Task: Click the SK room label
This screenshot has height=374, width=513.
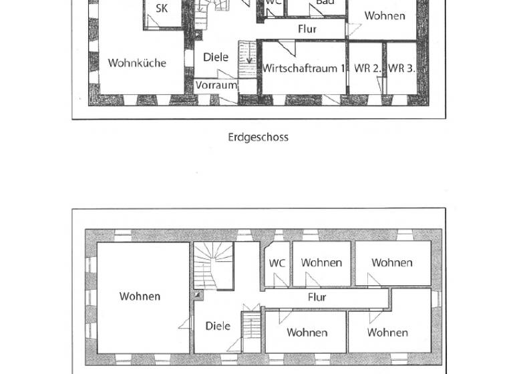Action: pos(162,9)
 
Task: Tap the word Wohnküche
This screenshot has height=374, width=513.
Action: pos(137,63)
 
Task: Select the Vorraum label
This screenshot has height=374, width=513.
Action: pos(216,85)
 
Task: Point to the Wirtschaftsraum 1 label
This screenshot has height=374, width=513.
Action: pos(305,68)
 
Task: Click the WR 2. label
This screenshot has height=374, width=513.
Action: pos(367,68)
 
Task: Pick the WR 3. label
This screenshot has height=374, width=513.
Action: pos(401,68)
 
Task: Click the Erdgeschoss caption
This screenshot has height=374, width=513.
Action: pos(258,137)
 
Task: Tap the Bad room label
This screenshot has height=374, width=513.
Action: pos(325,3)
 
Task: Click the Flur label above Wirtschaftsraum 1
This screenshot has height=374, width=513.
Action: pos(307,29)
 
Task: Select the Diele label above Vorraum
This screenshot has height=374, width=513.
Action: pos(216,57)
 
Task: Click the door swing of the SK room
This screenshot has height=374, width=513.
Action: pos(154,21)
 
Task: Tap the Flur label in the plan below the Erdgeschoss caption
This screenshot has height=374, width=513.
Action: pos(317,297)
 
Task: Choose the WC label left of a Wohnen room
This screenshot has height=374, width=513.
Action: pos(277,263)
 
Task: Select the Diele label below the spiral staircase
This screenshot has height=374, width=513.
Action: pos(218,326)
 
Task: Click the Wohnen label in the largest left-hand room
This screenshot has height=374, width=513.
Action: pos(140,297)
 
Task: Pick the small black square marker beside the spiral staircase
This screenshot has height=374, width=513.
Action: pos(197,294)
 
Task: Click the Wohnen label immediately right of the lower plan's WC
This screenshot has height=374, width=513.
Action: pos(321,263)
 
